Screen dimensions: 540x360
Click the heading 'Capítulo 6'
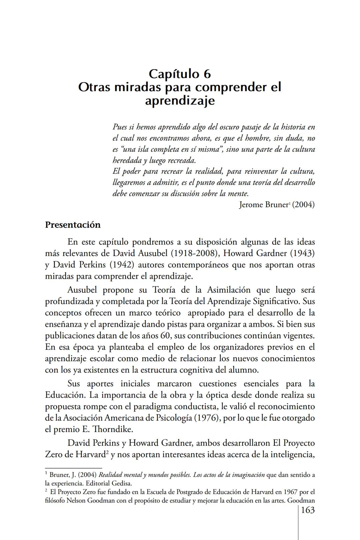[x=180, y=73]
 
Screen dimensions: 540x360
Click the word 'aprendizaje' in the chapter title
[x=180, y=100]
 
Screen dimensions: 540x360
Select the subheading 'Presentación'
[x=73, y=225]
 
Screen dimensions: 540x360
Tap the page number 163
[x=308, y=510]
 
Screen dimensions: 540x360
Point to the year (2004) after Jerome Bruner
[x=303, y=205]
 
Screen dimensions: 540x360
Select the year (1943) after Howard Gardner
[x=302, y=253]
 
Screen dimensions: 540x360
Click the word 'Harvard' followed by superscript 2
[x=90, y=455]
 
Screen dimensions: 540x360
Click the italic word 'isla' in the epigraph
[x=143, y=149]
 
